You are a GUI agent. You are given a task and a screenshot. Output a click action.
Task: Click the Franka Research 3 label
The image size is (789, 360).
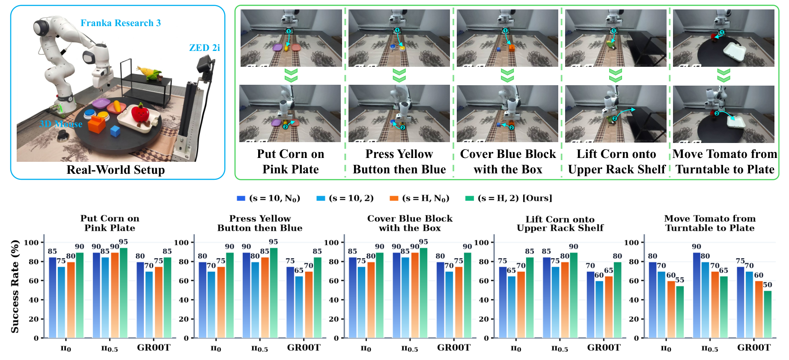(x=121, y=23)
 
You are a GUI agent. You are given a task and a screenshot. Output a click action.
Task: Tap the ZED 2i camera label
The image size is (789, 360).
(x=204, y=48)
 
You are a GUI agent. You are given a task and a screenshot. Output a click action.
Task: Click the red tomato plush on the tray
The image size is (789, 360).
(x=140, y=114)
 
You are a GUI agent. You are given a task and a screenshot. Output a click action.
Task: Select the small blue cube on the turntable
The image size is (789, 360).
(x=115, y=131)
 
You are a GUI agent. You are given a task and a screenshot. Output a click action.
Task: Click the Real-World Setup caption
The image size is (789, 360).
(x=116, y=170)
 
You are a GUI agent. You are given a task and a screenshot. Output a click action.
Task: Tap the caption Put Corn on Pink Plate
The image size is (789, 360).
(x=291, y=161)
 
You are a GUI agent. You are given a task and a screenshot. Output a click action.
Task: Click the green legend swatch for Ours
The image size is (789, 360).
(x=470, y=198)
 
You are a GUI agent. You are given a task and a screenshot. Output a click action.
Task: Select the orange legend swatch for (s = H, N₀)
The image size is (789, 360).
(x=394, y=198)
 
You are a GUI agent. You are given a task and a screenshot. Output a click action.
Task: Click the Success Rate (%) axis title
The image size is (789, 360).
(x=15, y=286)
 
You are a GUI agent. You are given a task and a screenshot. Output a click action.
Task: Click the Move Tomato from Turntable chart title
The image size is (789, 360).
(x=710, y=223)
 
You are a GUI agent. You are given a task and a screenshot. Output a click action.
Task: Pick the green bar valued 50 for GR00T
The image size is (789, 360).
(x=768, y=314)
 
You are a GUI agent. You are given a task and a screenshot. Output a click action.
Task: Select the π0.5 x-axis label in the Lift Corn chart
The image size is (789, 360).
(x=560, y=348)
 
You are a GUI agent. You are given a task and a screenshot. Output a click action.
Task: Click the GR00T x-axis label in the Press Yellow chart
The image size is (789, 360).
(x=304, y=348)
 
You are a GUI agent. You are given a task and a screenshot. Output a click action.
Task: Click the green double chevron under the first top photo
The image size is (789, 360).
(x=291, y=76)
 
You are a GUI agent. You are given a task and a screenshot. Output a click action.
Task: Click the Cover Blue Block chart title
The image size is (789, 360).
(x=410, y=223)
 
